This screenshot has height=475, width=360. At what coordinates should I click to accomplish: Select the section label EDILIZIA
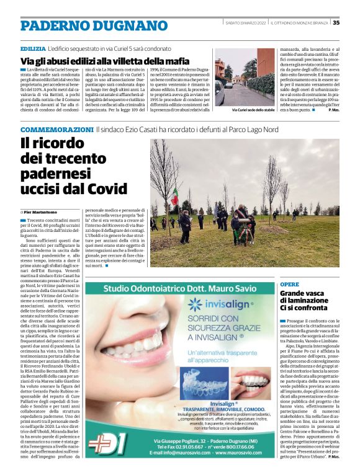(32, 48)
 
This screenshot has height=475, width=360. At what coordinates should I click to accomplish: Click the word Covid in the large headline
(87, 188)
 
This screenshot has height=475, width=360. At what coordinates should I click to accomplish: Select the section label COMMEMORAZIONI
(57, 129)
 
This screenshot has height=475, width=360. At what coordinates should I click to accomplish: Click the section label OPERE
(289, 284)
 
